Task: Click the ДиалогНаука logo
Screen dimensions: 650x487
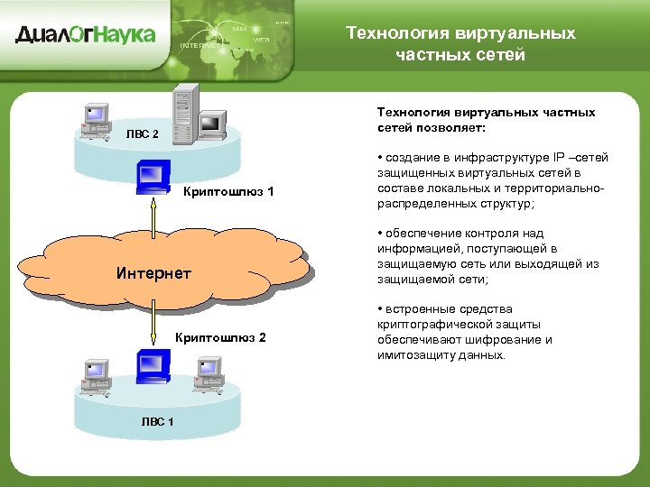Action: click(x=85, y=35)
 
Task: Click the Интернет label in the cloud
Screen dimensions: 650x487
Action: click(x=154, y=272)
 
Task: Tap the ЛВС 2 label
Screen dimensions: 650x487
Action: click(x=142, y=134)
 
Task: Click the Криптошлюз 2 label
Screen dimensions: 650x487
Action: click(x=220, y=337)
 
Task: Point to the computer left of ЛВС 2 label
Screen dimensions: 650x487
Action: click(x=94, y=120)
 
